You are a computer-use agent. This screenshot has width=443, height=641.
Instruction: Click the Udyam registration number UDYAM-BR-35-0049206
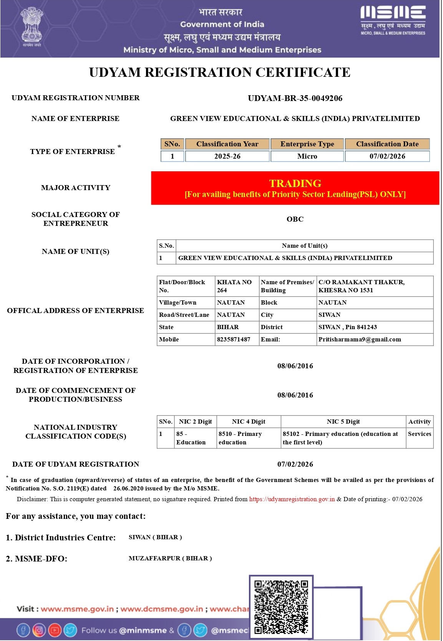coord(295,98)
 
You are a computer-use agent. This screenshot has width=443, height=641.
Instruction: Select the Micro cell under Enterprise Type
coord(307,156)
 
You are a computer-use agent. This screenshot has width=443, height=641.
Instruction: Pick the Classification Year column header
coord(227,144)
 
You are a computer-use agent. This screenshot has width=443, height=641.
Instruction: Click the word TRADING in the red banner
coord(295,183)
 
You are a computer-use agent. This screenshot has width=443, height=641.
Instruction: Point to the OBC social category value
coord(295,219)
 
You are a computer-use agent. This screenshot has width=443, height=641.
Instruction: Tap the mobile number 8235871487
coord(234,340)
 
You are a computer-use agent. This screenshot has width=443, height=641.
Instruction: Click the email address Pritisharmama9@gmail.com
coord(360,340)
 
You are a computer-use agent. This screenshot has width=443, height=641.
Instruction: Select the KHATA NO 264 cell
coord(234,286)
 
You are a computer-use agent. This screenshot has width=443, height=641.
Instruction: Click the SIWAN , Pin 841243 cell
coord(348,327)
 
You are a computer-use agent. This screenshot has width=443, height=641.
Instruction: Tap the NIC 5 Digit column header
coord(343,422)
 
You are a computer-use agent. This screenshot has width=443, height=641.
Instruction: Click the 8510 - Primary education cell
coord(240,438)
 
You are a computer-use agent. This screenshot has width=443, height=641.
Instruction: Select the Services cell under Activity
coord(420,434)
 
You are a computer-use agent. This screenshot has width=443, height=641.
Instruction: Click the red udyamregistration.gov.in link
coord(292,499)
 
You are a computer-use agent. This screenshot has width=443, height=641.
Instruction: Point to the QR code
coord(281,607)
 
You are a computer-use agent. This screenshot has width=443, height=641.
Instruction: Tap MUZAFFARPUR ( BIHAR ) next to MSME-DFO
coord(170,558)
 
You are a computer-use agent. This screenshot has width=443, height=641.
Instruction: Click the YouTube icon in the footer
coord(55,630)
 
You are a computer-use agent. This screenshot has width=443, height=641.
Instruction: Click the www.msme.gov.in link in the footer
coord(77,609)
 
